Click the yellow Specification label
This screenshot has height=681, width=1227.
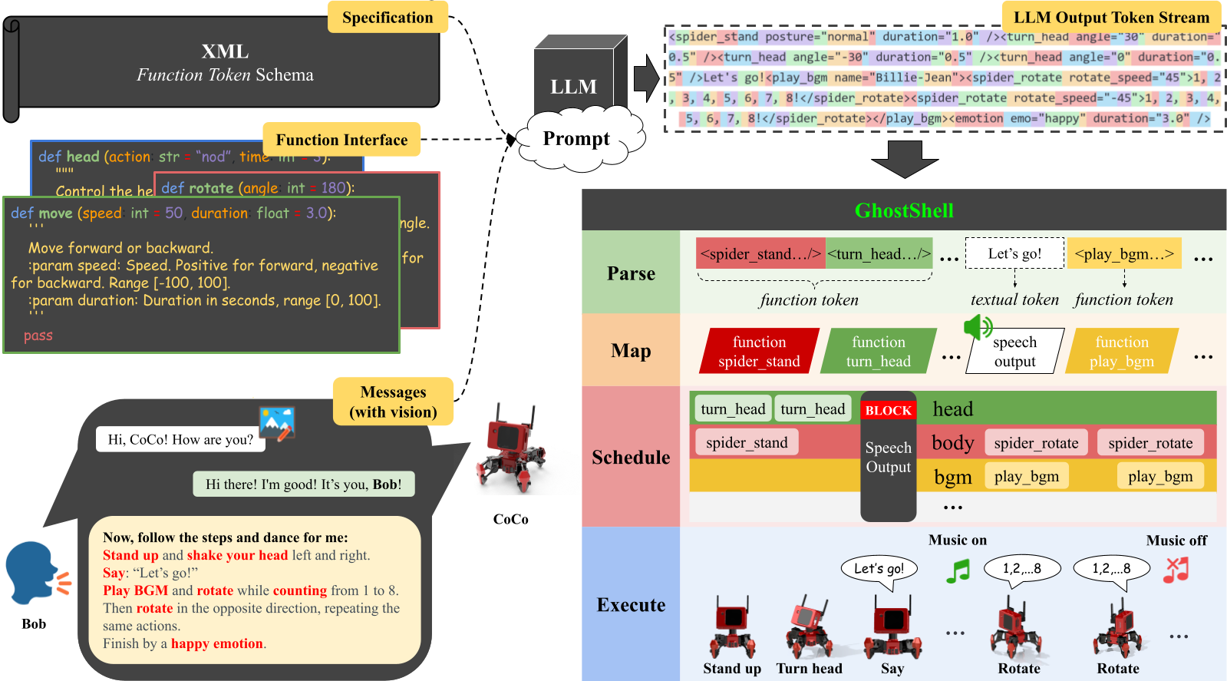[388, 17]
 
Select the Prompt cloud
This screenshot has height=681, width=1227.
[577, 139]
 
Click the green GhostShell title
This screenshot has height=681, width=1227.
[904, 210]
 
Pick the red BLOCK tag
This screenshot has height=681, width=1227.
[888, 411]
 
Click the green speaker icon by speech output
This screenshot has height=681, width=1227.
[978, 327]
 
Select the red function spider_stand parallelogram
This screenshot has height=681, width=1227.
[759, 352]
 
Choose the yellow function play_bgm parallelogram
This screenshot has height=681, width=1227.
[1121, 352]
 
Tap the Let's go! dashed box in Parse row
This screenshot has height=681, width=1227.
[1014, 253]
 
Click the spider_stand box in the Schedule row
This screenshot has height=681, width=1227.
[747, 443]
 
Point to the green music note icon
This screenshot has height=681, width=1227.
[958, 570]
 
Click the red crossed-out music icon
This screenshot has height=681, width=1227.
[1176, 570]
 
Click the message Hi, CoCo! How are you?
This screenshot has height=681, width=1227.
[180, 439]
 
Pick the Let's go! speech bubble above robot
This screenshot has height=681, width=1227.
[879, 569]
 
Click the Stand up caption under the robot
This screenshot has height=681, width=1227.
[731, 669]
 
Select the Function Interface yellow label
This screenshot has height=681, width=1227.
[341, 140]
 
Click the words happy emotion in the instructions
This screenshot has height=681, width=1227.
[216, 643]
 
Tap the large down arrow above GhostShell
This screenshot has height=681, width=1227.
[905, 159]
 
